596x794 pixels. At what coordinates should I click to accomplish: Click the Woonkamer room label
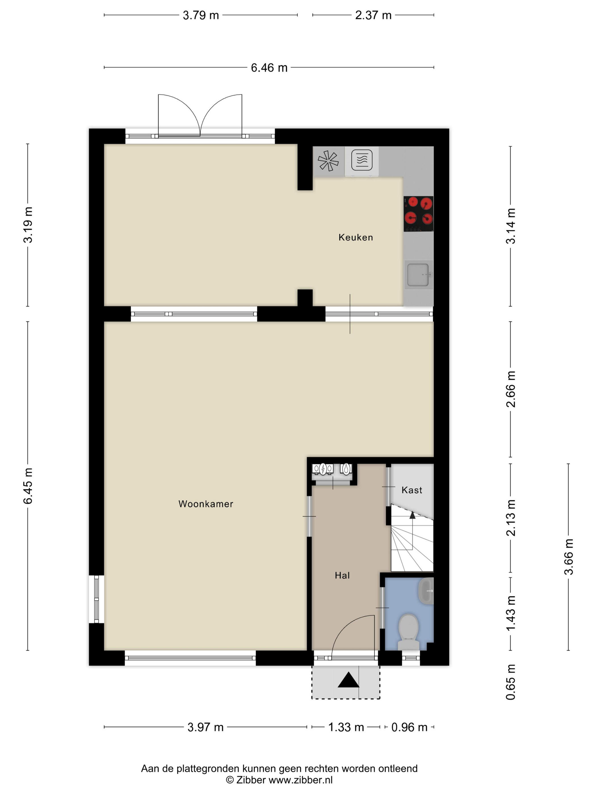205,504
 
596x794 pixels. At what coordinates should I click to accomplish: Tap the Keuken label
356,237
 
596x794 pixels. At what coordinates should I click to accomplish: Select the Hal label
342,575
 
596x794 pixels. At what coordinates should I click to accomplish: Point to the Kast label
412,490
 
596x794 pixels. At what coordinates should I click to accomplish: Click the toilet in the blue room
409,632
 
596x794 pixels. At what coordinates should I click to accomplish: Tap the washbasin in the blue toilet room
426,590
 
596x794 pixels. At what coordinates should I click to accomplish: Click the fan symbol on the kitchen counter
328,161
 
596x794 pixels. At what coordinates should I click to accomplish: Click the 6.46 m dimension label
269,68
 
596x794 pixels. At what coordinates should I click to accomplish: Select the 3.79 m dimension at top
201,15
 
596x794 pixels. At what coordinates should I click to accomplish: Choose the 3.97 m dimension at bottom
205,727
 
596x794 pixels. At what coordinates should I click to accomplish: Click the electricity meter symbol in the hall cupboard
323,469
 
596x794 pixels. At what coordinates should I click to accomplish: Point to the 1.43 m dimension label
511,613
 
